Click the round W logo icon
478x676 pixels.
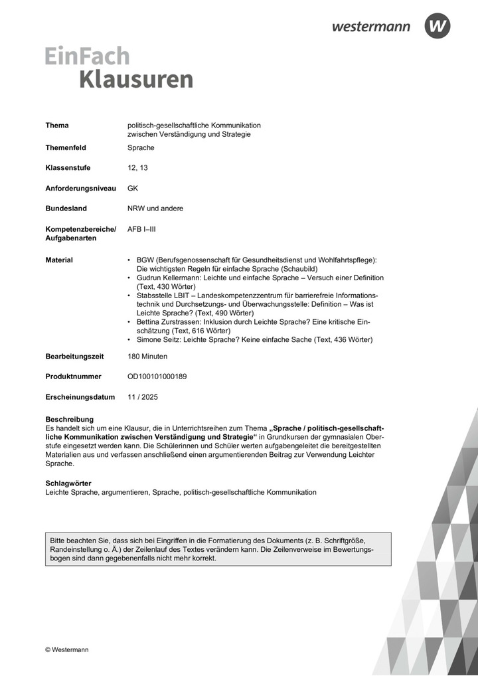click(x=437, y=26)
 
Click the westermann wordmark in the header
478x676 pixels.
click(x=371, y=27)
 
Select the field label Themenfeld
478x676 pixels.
click(x=66, y=147)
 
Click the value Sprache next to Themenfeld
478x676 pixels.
click(x=141, y=147)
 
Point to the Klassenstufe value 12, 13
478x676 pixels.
click(x=137, y=168)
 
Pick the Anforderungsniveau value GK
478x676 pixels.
click(x=133, y=188)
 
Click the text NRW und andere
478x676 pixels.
click(x=155, y=208)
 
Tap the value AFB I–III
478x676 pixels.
click(x=142, y=229)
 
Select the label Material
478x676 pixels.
click(x=59, y=260)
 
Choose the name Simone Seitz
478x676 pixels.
click(x=157, y=339)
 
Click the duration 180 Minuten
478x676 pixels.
click(x=148, y=356)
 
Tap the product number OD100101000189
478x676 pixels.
click(x=157, y=377)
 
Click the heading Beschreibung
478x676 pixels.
click(x=69, y=419)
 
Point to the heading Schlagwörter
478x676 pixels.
click(x=68, y=483)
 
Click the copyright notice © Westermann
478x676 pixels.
click(x=66, y=649)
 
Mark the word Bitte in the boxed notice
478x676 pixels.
click(x=58, y=540)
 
